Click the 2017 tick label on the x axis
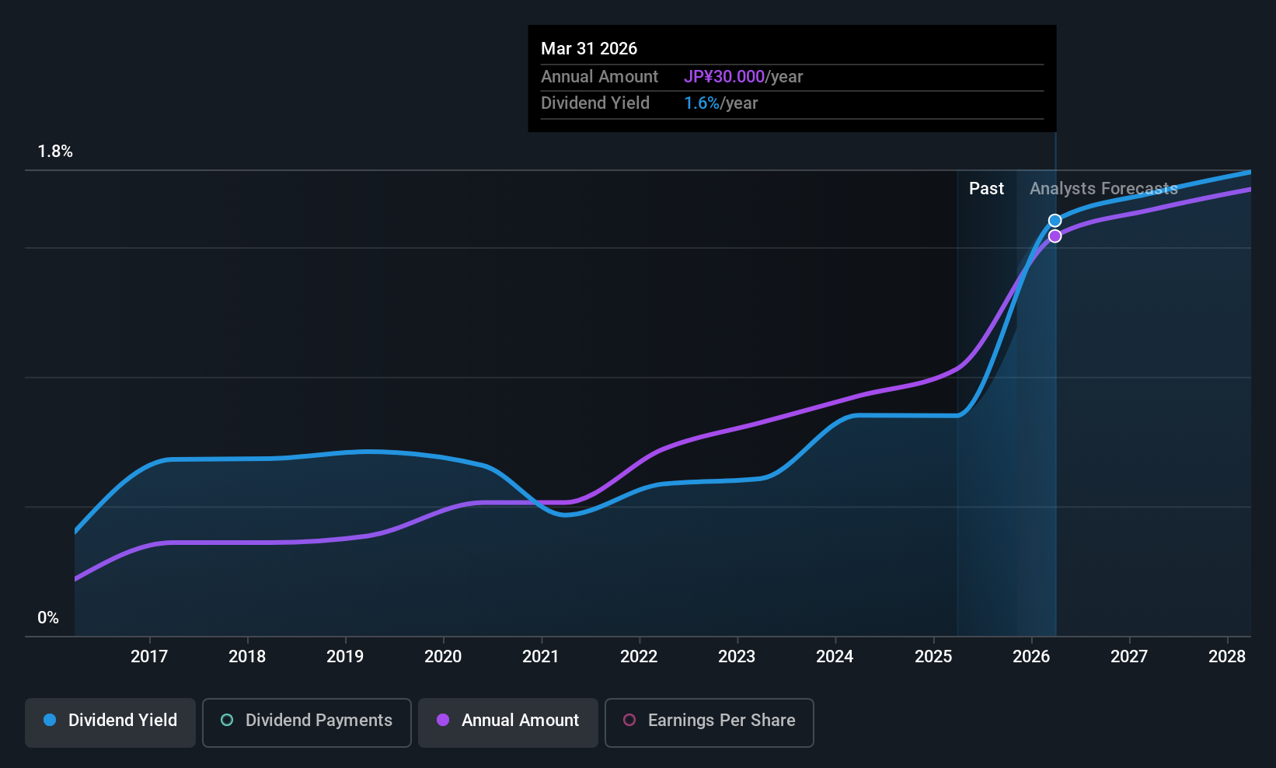[x=149, y=657]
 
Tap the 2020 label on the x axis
[x=443, y=657]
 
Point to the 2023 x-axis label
[x=737, y=657]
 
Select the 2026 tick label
[x=1031, y=657]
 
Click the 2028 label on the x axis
[x=1227, y=657]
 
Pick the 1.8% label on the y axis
[x=55, y=152]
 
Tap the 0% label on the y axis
[x=48, y=618]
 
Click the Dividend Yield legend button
[x=110, y=721]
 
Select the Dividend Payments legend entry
[x=307, y=721]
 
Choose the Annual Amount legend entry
[x=508, y=721]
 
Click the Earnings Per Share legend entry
[x=709, y=721]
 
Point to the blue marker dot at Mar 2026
[x=1055, y=221]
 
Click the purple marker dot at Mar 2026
[x=1055, y=236]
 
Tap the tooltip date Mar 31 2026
[x=589, y=49]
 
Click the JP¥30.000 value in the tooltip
[x=724, y=77]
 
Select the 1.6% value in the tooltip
[x=702, y=103]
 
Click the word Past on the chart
[x=986, y=189]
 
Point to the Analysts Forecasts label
[x=1103, y=189]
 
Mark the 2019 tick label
[x=345, y=657]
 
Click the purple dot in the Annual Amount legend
[x=443, y=721]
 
